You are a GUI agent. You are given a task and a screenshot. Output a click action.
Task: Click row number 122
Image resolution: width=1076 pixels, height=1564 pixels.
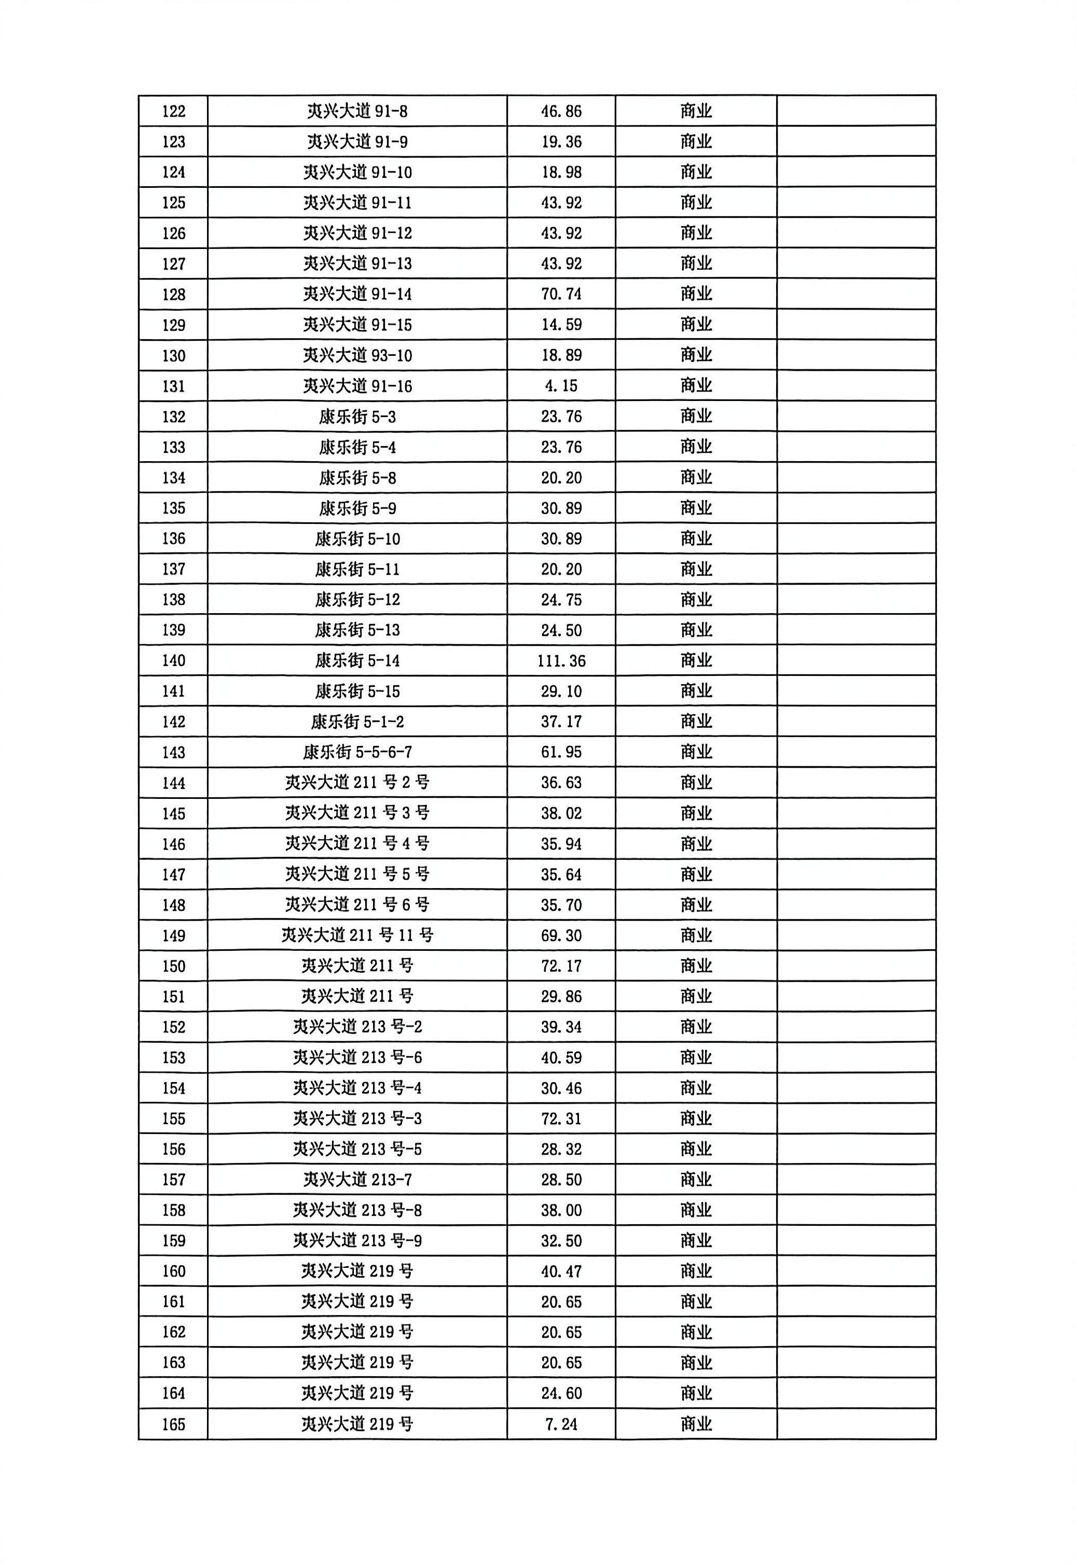[x=173, y=111]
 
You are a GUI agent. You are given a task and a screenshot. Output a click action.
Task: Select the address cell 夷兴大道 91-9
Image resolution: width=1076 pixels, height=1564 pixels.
[x=357, y=142]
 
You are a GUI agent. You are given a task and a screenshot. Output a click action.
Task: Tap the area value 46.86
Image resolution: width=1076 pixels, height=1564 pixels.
[x=561, y=111]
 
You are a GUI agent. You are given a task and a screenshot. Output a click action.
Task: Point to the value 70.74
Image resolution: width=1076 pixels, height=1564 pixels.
[x=561, y=294]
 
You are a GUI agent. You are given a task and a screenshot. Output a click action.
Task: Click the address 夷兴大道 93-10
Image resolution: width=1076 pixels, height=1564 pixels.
[x=357, y=355]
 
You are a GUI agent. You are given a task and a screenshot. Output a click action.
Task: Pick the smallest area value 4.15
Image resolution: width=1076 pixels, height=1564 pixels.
[x=561, y=385]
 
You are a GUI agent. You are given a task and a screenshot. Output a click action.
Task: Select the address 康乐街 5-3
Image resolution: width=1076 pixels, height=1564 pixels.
[x=357, y=417]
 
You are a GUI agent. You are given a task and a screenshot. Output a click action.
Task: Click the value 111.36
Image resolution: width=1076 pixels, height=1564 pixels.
[x=561, y=661]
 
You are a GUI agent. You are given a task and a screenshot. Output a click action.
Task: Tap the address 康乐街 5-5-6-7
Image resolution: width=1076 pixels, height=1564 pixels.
[x=357, y=752]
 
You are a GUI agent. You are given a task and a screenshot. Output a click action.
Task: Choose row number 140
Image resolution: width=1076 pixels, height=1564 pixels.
[x=173, y=661]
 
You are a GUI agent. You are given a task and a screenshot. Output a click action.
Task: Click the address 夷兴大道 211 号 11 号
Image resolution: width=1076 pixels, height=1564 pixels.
[x=357, y=935]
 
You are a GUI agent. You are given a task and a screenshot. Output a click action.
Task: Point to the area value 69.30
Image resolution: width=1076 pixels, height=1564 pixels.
[x=561, y=935]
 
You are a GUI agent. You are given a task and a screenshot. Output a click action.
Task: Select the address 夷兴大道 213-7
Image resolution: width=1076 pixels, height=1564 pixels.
[x=357, y=1179]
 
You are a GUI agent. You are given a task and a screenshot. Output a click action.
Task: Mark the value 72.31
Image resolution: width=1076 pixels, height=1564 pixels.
[x=561, y=1118]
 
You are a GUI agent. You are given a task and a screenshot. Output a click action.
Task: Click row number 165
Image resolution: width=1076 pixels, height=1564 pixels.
[x=173, y=1424]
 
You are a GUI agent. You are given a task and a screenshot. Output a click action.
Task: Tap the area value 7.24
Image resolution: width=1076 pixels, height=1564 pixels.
[x=561, y=1424]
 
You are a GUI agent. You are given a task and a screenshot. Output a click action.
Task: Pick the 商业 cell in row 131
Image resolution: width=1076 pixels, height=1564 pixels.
[x=696, y=385]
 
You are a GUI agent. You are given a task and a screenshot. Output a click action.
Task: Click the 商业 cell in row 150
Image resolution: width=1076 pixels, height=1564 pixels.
[x=696, y=965]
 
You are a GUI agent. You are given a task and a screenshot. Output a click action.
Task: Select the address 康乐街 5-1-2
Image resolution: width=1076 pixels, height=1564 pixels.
[x=357, y=722]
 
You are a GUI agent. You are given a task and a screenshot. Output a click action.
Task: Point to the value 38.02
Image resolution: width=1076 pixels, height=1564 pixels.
[x=561, y=813]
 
